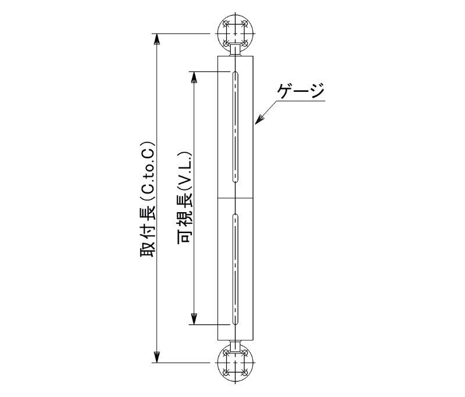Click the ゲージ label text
301,91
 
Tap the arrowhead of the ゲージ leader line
259,120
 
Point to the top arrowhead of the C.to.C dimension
157,39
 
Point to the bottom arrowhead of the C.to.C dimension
157,357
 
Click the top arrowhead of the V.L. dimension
194,77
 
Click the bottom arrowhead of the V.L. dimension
194,319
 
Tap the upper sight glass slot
235,127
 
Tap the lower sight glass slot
235,269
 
